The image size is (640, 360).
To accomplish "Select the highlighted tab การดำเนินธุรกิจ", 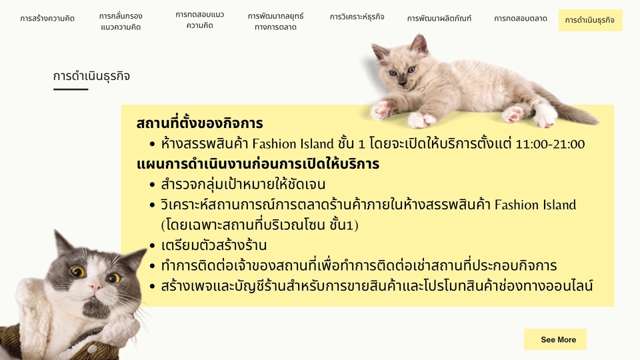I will click(x=590, y=20).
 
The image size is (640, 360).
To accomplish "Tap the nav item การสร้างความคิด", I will click(x=47, y=19).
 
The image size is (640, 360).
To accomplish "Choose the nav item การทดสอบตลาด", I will click(x=521, y=19).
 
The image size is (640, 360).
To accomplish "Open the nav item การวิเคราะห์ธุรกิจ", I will click(x=357, y=17).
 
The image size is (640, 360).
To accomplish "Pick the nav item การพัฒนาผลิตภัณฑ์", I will click(x=439, y=19).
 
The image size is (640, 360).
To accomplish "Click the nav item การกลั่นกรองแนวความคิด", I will click(x=121, y=21).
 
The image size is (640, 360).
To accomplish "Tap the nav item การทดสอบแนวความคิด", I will click(x=200, y=20).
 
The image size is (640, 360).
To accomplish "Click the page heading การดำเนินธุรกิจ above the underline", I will click(x=91, y=76).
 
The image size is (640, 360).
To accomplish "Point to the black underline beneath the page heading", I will click(x=71, y=89).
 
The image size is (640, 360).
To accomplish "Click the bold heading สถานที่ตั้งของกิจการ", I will click(x=199, y=123).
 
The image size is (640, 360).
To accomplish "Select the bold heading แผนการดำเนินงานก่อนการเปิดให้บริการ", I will click(x=257, y=164).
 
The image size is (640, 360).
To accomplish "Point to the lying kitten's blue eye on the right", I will click(x=411, y=69).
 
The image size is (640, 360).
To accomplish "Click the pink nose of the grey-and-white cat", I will click(x=95, y=287).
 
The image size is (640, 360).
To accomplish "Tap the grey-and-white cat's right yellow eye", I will click(x=114, y=277).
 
